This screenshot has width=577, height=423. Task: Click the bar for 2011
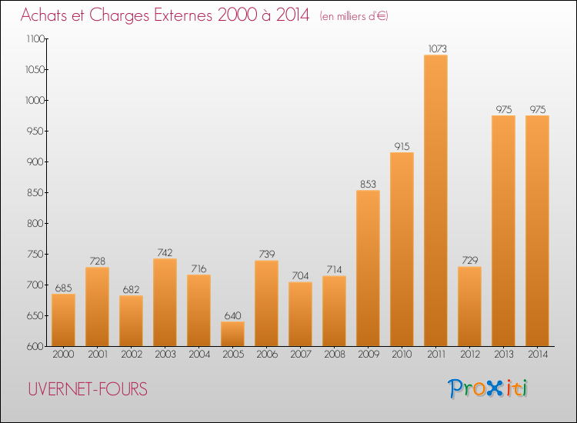click(435, 201)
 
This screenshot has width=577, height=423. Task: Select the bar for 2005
click(232, 334)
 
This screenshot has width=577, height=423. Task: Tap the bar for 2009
click(368, 268)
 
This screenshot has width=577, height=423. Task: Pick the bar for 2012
click(469, 306)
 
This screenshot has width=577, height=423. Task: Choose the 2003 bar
click(165, 302)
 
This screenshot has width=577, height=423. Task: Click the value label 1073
click(435, 49)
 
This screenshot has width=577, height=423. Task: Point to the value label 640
click(232, 315)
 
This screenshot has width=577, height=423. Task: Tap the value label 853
click(368, 184)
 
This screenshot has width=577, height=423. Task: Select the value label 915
click(402, 146)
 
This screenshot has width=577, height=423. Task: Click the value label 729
click(469, 261)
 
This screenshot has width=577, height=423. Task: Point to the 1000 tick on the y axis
click(35, 101)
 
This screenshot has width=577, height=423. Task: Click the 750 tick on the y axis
click(36, 255)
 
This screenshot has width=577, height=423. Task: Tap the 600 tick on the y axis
click(36, 347)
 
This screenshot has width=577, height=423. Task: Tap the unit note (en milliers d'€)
click(353, 16)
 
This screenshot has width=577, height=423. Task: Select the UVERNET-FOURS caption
click(86, 389)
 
